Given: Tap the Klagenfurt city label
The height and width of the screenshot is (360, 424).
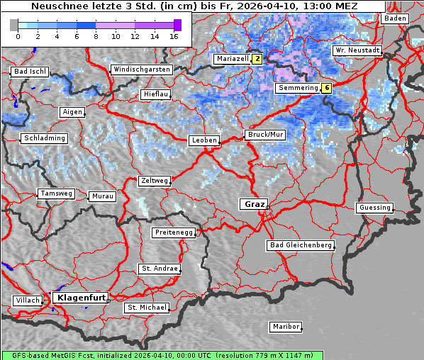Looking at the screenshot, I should [x=81, y=298].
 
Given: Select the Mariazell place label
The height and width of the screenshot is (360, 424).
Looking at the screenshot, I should [x=232, y=60].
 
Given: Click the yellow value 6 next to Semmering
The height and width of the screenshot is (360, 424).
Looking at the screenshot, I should [x=326, y=89].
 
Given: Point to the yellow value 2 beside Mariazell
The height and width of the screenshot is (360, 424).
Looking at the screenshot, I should [x=257, y=60].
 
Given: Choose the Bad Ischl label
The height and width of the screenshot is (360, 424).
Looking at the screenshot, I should [x=30, y=72].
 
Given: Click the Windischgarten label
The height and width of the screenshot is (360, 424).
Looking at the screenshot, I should [x=141, y=69].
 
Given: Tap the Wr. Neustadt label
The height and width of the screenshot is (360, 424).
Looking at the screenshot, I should [x=357, y=51].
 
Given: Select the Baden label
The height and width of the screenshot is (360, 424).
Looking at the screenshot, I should [x=395, y=18].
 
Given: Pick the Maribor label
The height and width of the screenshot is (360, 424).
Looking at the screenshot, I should [x=286, y=327].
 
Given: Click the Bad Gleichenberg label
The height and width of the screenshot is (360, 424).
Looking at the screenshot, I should [x=301, y=245].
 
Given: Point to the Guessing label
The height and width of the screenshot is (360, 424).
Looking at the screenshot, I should [x=374, y=208].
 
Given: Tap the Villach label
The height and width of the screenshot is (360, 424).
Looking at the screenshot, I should [x=28, y=300].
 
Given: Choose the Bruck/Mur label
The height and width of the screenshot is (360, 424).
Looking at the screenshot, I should [x=265, y=134].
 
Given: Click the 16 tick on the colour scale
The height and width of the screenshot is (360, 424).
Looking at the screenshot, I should [x=174, y=35].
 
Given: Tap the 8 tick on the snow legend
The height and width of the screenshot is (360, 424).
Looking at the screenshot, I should [x=96, y=35].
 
